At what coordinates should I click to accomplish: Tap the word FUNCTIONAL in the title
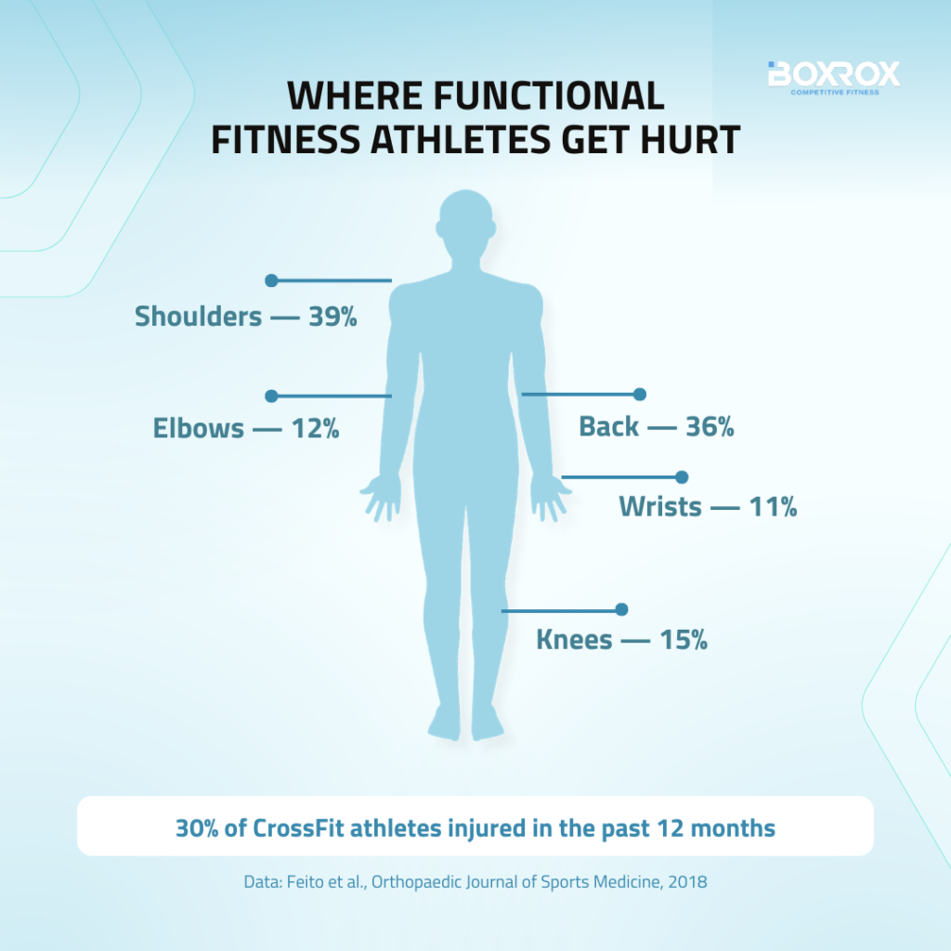(549, 96)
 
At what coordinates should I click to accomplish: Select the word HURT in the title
(690, 139)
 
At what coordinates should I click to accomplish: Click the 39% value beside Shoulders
(333, 317)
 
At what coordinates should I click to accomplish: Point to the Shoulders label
(199, 316)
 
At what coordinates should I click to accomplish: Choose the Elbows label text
(199, 428)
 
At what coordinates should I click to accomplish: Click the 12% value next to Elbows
(316, 429)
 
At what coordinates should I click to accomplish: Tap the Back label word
(609, 426)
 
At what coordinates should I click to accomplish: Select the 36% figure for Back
(710, 427)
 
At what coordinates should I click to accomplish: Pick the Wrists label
(660, 506)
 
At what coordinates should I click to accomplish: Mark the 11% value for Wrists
(774, 507)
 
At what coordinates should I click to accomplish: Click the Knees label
(574, 640)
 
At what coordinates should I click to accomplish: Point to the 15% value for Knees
(684, 640)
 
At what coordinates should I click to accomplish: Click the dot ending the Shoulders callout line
(272, 280)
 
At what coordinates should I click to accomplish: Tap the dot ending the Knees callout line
(621, 609)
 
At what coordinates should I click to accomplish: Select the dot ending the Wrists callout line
(682, 477)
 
